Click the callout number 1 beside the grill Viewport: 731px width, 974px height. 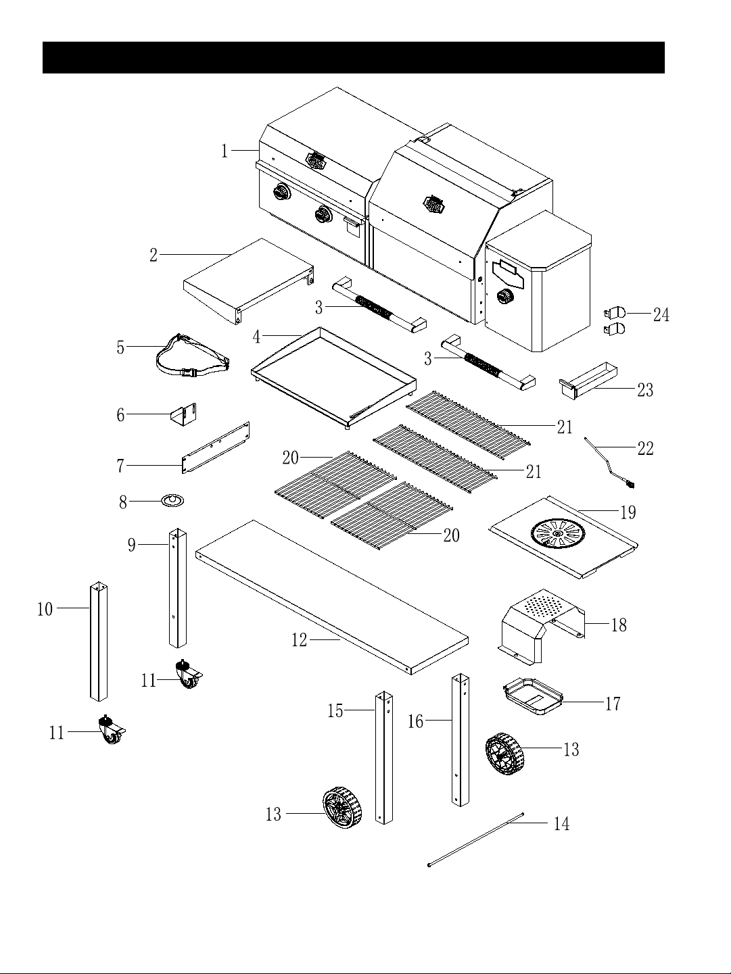pyautogui.click(x=225, y=151)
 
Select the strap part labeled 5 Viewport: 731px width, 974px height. pyautogui.click(x=193, y=357)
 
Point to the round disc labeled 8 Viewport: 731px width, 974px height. pyautogui.click(x=172, y=501)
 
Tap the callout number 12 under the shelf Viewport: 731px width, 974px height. pyautogui.click(x=300, y=640)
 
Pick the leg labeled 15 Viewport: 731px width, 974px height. pyautogui.click(x=384, y=757)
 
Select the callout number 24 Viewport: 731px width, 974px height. pyautogui.click(x=661, y=316)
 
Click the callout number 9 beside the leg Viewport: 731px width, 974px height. pyautogui.click(x=132, y=545)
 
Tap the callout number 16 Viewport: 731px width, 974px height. pyautogui.click(x=415, y=722)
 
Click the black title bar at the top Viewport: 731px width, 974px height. pyautogui.click(x=353, y=57)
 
